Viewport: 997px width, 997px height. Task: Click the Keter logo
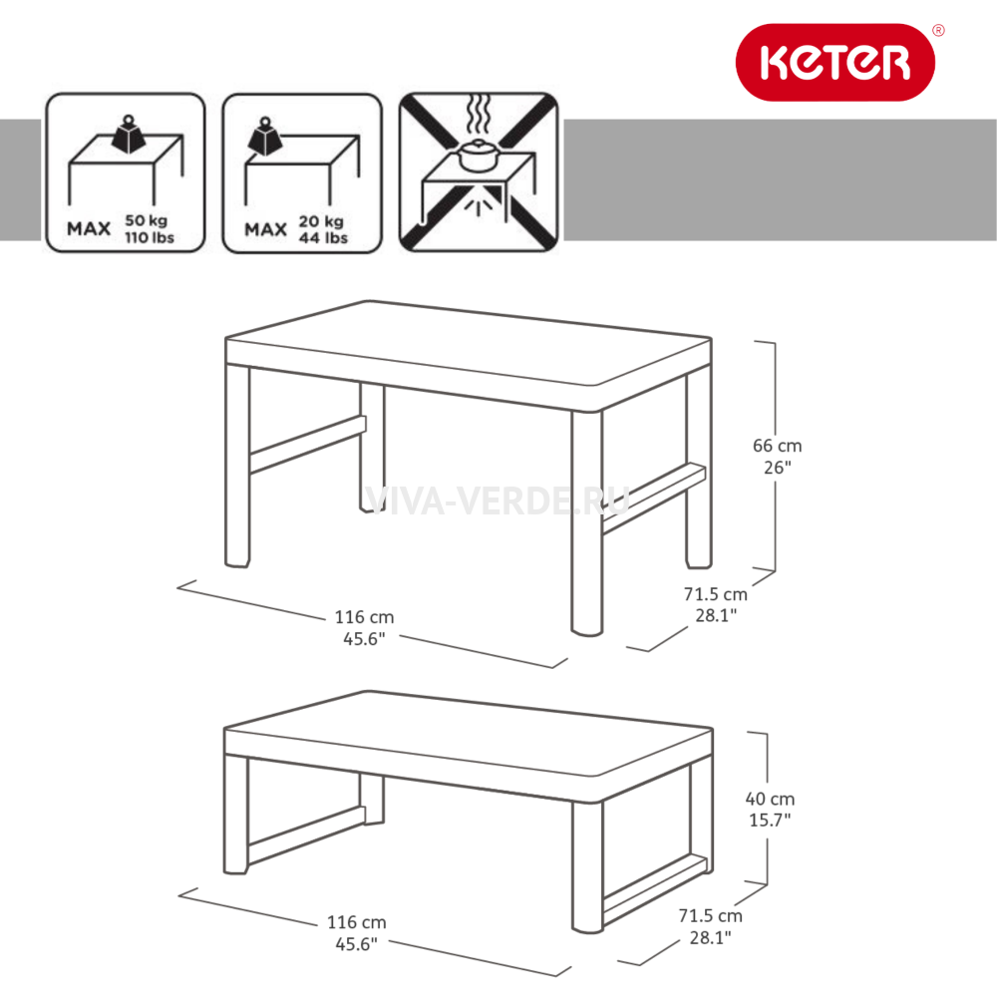click(834, 62)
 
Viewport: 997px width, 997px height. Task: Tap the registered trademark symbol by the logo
click(938, 30)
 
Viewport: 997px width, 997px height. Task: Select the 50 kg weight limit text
click(147, 220)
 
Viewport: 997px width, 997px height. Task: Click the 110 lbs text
click(150, 237)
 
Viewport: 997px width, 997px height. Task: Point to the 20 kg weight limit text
click(321, 220)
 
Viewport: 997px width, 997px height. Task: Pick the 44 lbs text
click(323, 238)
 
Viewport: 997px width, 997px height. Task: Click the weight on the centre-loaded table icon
click(129, 135)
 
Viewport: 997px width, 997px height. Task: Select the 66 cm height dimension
click(777, 446)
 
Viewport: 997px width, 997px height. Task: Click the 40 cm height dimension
click(770, 799)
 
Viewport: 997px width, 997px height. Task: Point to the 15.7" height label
click(770, 820)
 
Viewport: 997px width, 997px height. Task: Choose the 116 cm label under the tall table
click(364, 617)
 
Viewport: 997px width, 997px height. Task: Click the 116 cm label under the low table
click(357, 922)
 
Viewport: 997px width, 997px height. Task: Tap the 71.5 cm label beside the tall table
click(716, 594)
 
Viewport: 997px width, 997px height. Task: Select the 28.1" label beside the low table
click(711, 937)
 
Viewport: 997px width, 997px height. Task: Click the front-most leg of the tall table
click(586, 522)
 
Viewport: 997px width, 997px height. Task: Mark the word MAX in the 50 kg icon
click(89, 229)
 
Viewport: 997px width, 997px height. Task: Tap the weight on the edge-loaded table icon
click(265, 136)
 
